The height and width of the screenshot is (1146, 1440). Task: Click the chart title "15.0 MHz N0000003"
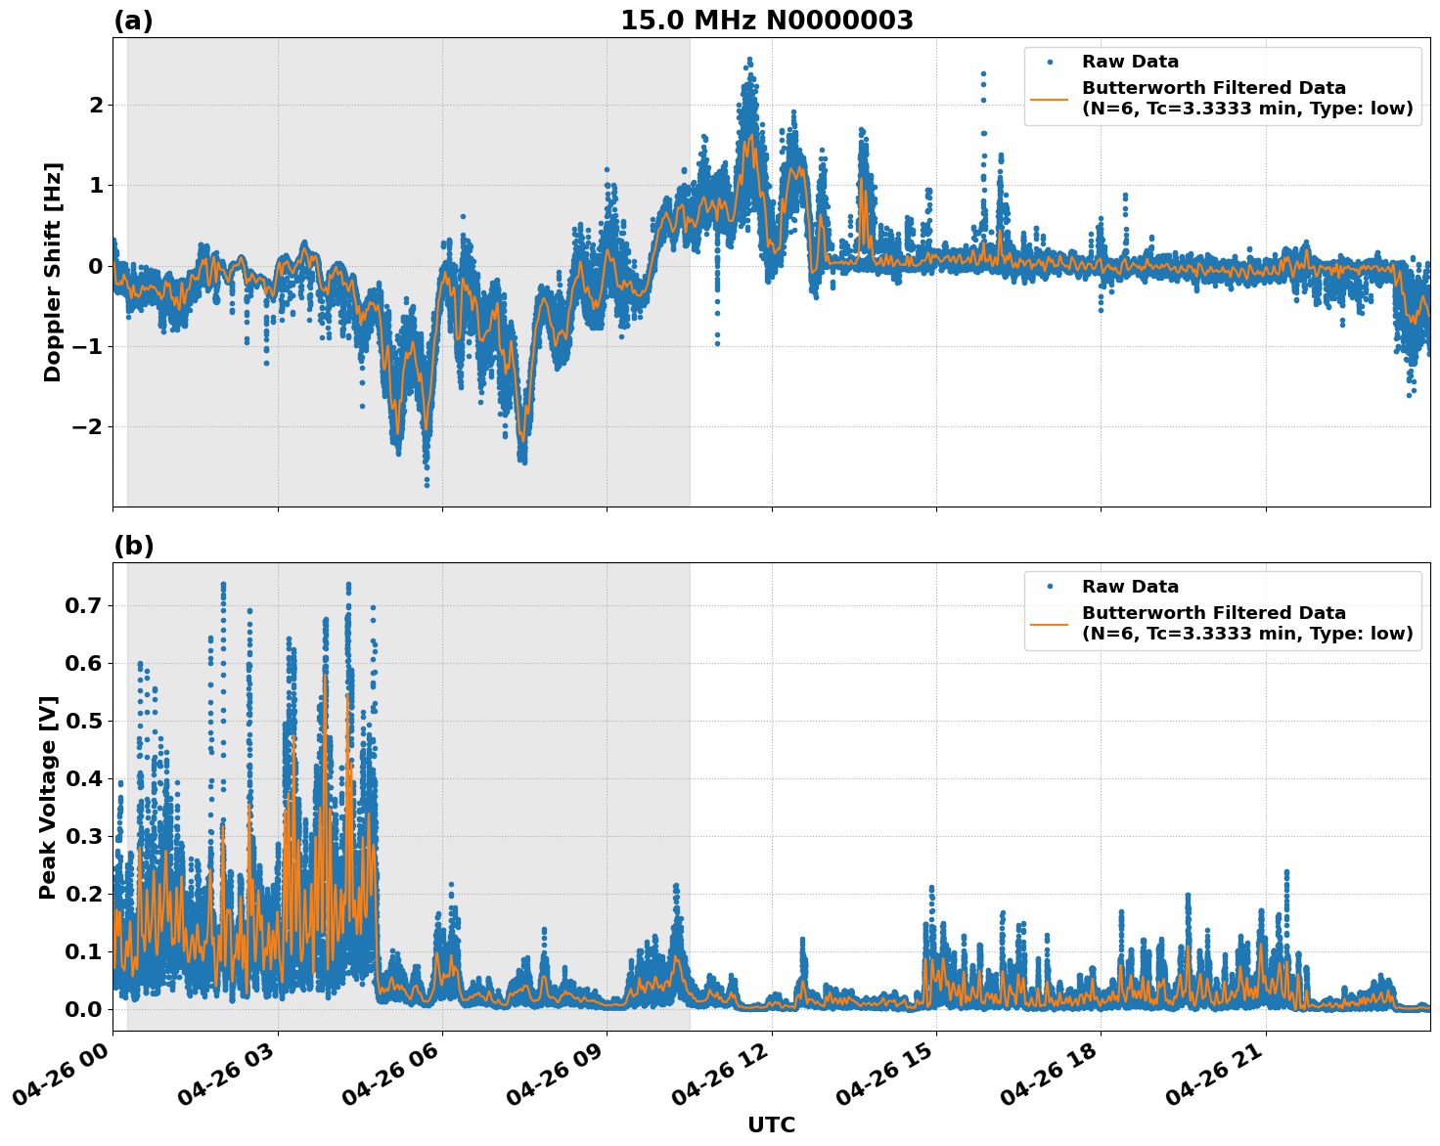(766, 21)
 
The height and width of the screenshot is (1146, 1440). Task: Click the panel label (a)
(133, 21)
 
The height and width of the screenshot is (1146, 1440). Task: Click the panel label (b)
(133, 546)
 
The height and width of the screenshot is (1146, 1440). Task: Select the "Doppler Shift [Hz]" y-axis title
(53, 272)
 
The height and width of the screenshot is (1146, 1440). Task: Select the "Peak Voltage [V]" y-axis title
(48, 797)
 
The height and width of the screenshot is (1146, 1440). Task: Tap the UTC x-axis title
(771, 1124)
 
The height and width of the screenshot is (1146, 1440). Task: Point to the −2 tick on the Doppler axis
(88, 427)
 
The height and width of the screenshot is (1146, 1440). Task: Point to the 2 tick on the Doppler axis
(95, 105)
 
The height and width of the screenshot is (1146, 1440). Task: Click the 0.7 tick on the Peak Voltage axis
(84, 606)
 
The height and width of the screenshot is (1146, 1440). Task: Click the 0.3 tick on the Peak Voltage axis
(84, 837)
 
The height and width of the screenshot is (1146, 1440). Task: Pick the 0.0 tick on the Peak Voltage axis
(84, 1009)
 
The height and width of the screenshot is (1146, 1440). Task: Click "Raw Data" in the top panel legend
(1130, 63)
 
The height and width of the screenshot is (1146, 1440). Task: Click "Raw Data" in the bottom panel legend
(1130, 588)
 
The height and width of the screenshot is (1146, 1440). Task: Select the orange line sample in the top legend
(1049, 98)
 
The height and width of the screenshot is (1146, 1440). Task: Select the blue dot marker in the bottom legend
(1049, 588)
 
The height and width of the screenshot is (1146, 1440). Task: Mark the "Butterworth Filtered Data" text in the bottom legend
(1213, 613)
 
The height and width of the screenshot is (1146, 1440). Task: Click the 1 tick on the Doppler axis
(95, 186)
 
